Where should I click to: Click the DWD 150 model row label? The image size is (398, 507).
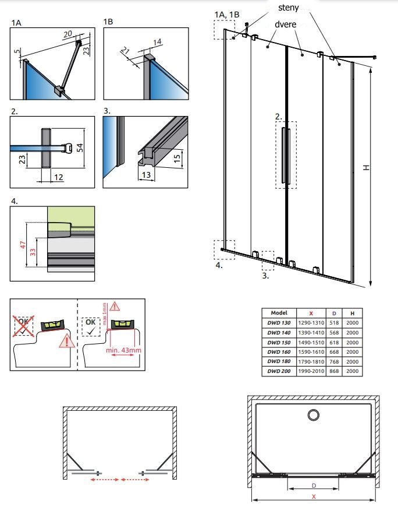click(x=279, y=343)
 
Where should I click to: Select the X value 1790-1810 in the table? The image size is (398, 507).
click(x=311, y=361)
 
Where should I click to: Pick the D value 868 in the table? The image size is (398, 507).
click(x=334, y=371)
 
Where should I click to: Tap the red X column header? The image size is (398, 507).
click(x=311, y=314)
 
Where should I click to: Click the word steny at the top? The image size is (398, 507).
click(x=288, y=8)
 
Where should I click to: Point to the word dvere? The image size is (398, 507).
click(x=285, y=24)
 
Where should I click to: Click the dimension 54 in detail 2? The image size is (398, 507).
click(x=80, y=147)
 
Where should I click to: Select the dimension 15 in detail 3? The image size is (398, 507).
click(x=177, y=158)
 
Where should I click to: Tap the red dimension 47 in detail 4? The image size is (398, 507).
click(x=23, y=245)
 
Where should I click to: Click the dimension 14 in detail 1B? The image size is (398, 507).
click(x=157, y=42)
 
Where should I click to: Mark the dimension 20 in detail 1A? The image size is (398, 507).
click(x=67, y=34)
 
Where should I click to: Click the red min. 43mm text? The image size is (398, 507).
click(x=123, y=350)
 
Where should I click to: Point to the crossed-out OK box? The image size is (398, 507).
click(x=23, y=326)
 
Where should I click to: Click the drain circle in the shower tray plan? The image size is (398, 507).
click(x=314, y=415)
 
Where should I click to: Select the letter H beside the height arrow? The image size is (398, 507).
click(x=366, y=167)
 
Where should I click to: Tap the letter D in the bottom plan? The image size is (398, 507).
click(x=314, y=485)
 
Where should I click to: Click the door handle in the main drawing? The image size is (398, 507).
click(x=286, y=156)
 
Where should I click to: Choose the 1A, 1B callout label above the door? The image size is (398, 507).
click(x=227, y=15)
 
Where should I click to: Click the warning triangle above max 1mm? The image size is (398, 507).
click(x=115, y=306)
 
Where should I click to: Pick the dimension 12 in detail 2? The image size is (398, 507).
click(x=58, y=177)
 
